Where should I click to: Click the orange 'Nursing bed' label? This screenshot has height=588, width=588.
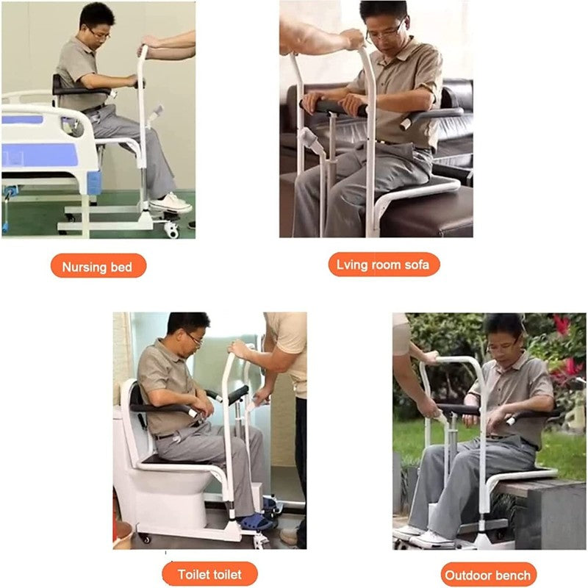tap(98, 265)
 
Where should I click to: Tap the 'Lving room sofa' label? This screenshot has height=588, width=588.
tap(384, 265)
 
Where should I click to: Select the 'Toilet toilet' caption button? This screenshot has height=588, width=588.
tap(209, 574)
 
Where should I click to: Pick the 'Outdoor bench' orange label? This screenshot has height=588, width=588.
tap(488, 575)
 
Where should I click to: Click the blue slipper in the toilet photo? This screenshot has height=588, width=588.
tap(256, 522)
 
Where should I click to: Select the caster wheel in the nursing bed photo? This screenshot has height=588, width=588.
tap(172, 230)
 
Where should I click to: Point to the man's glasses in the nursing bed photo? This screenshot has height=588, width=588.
tap(100, 34)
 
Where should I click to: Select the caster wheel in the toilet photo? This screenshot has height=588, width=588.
tap(145, 539)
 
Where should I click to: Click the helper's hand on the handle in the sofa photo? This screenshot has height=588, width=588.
tap(353, 39)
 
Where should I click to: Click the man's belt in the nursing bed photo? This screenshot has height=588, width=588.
tap(94, 108)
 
